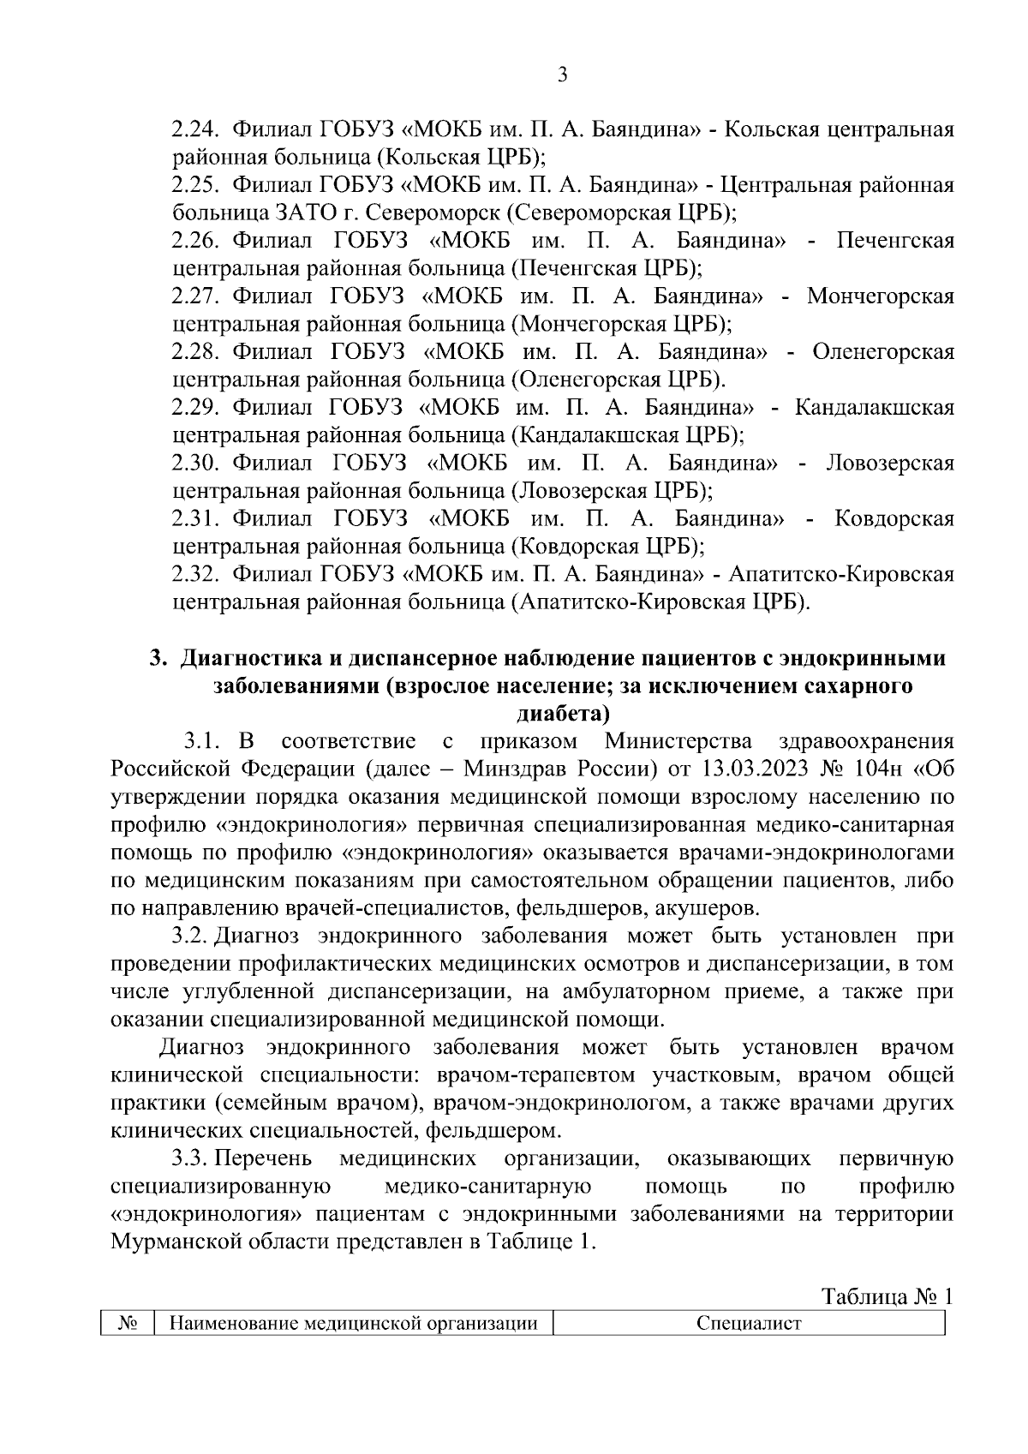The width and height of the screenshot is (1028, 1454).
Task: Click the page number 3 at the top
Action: (x=562, y=75)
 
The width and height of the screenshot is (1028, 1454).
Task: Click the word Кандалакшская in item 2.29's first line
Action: (x=875, y=407)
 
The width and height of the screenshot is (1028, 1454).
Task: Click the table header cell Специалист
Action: (x=749, y=1324)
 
